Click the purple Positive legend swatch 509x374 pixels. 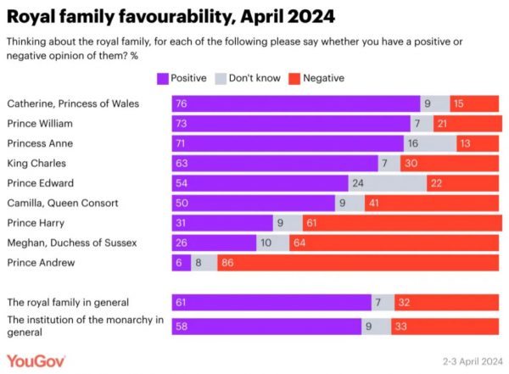[163, 78]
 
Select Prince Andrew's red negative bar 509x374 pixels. [359, 263]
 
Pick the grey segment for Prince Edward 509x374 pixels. [387, 183]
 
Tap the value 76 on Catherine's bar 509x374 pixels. [180, 104]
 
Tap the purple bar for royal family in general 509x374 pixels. [271, 302]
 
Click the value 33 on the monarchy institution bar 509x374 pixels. [402, 327]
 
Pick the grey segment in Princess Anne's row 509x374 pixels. [430, 143]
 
